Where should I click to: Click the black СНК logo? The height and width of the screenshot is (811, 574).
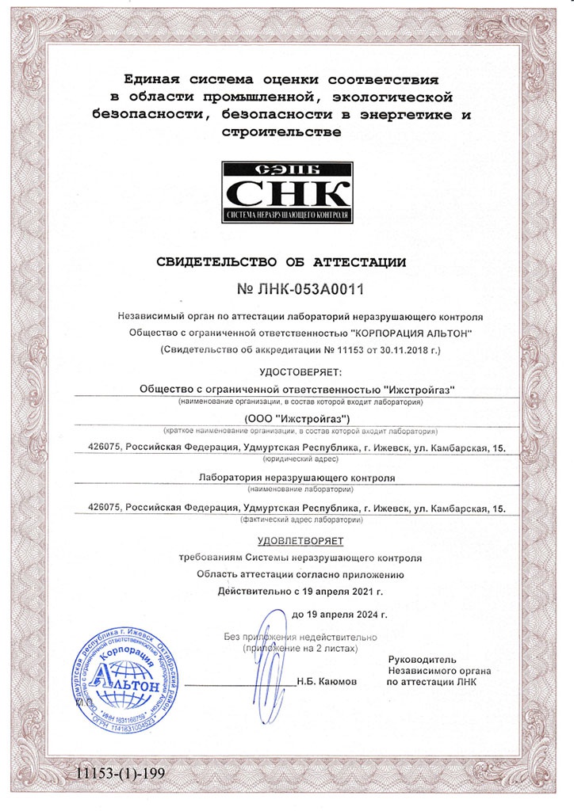(x=286, y=192)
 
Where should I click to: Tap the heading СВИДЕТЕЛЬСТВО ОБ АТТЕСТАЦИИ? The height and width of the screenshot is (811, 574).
(x=287, y=261)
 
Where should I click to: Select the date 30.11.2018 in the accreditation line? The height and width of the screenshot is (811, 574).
(x=403, y=348)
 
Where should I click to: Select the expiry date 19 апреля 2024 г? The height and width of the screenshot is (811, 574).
(x=350, y=615)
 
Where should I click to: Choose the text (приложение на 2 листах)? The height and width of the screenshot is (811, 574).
(x=300, y=648)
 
